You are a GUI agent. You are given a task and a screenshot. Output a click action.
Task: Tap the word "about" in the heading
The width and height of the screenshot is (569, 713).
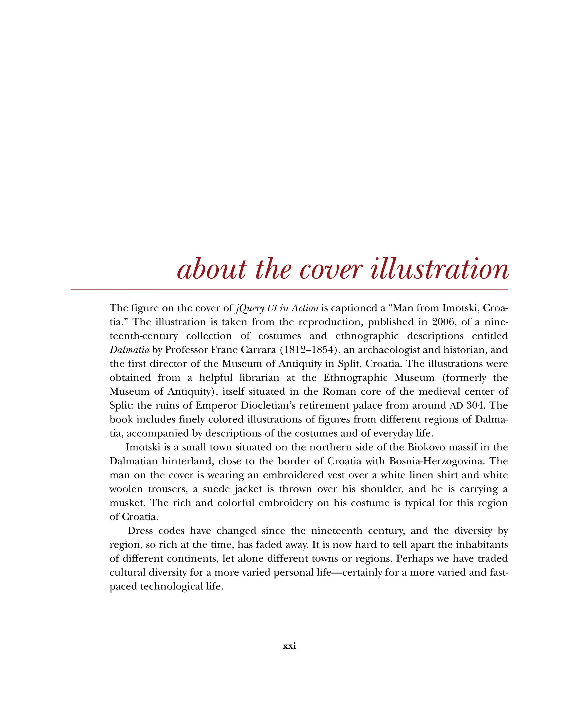(x=211, y=269)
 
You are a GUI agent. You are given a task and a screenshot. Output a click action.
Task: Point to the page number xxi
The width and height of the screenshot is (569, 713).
(x=289, y=655)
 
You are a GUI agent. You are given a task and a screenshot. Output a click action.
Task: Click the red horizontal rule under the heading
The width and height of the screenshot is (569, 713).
(x=289, y=290)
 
